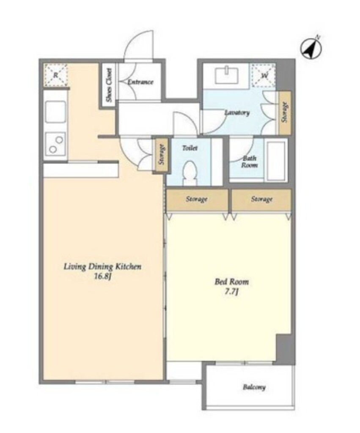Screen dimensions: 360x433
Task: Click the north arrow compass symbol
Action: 311,49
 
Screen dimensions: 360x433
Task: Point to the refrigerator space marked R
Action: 55,75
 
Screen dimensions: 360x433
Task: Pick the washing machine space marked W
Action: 264,75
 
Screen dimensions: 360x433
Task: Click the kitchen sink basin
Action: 55,112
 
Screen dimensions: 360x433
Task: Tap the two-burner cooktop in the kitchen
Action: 55,144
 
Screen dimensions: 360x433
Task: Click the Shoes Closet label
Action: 110,85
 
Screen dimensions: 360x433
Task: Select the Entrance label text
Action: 140,82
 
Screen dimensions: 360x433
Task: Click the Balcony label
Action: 254,387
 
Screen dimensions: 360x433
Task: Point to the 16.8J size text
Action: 102,277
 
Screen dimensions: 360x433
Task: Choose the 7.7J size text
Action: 231,292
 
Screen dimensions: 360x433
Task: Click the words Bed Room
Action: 231,282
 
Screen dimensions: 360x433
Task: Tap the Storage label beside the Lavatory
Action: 285,112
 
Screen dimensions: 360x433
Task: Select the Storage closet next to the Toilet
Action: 161,155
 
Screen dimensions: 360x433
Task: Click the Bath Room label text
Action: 249,162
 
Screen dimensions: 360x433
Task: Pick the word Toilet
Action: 190,148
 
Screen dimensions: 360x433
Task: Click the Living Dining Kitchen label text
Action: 102,267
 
